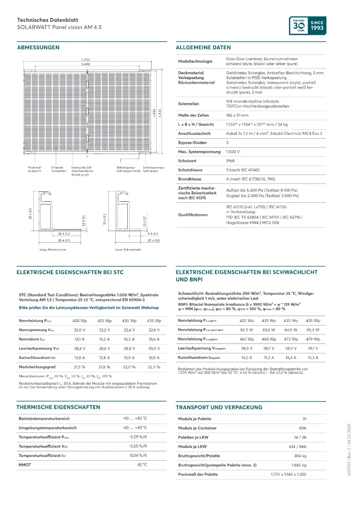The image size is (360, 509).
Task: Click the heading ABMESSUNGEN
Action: coord(38,48)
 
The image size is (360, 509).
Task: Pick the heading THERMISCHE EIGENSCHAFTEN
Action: coord(58,407)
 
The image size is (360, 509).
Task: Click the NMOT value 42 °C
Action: coord(142,464)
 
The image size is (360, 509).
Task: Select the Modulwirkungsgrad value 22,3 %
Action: coord(154,366)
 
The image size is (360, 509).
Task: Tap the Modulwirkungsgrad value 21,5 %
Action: coord(80,366)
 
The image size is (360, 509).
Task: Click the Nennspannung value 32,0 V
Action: coord(80,330)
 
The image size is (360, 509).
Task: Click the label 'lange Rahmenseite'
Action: coord(53,250)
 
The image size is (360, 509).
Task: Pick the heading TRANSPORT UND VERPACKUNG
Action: coord(219,407)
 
